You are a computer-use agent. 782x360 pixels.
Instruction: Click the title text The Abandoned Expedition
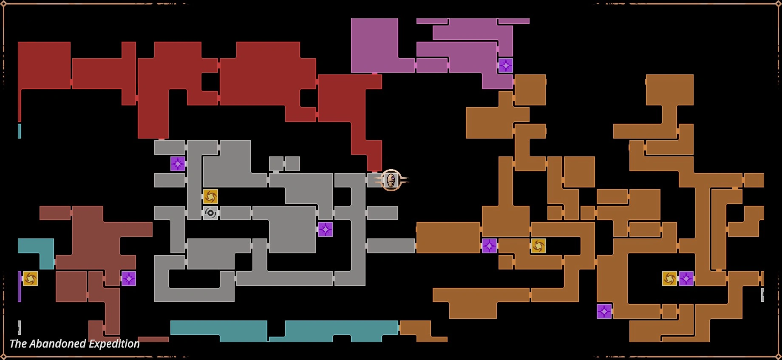(x=74, y=343)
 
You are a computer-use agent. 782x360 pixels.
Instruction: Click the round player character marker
(x=391, y=180)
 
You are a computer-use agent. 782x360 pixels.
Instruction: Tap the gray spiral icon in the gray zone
(x=210, y=213)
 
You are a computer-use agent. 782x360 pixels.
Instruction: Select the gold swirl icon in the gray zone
(x=210, y=196)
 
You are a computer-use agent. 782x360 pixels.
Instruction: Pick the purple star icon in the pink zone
(x=505, y=65)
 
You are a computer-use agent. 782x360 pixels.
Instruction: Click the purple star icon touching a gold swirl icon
(x=686, y=278)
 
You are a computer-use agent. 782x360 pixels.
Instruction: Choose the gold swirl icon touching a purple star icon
(x=669, y=278)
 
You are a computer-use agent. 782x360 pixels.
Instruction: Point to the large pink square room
(x=374, y=45)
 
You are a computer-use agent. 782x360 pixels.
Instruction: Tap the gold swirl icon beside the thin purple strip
(x=30, y=278)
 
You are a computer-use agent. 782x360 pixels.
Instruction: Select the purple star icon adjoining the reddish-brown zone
(x=128, y=278)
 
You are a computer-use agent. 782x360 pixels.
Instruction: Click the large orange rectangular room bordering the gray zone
(x=448, y=238)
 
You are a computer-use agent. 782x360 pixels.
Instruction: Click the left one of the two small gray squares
(x=276, y=164)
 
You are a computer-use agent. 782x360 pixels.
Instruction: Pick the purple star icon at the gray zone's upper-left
(x=178, y=164)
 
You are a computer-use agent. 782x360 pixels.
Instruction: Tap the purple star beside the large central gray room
(x=325, y=229)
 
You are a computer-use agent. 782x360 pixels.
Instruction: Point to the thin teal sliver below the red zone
(x=20, y=131)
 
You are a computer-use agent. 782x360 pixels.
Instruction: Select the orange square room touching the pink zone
(x=530, y=90)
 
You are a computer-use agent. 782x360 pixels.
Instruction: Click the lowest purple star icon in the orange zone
(x=604, y=311)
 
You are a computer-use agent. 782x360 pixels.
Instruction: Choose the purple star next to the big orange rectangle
(x=489, y=246)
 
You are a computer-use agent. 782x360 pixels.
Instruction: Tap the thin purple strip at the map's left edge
(x=20, y=286)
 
